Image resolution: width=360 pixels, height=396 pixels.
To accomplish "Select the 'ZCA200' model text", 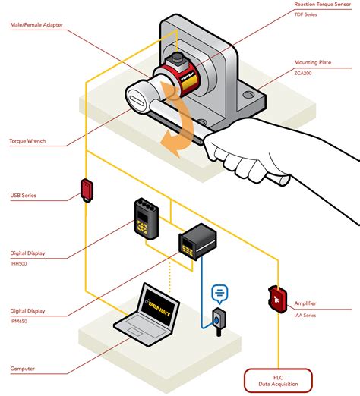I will pyautogui.click(x=327, y=73).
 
